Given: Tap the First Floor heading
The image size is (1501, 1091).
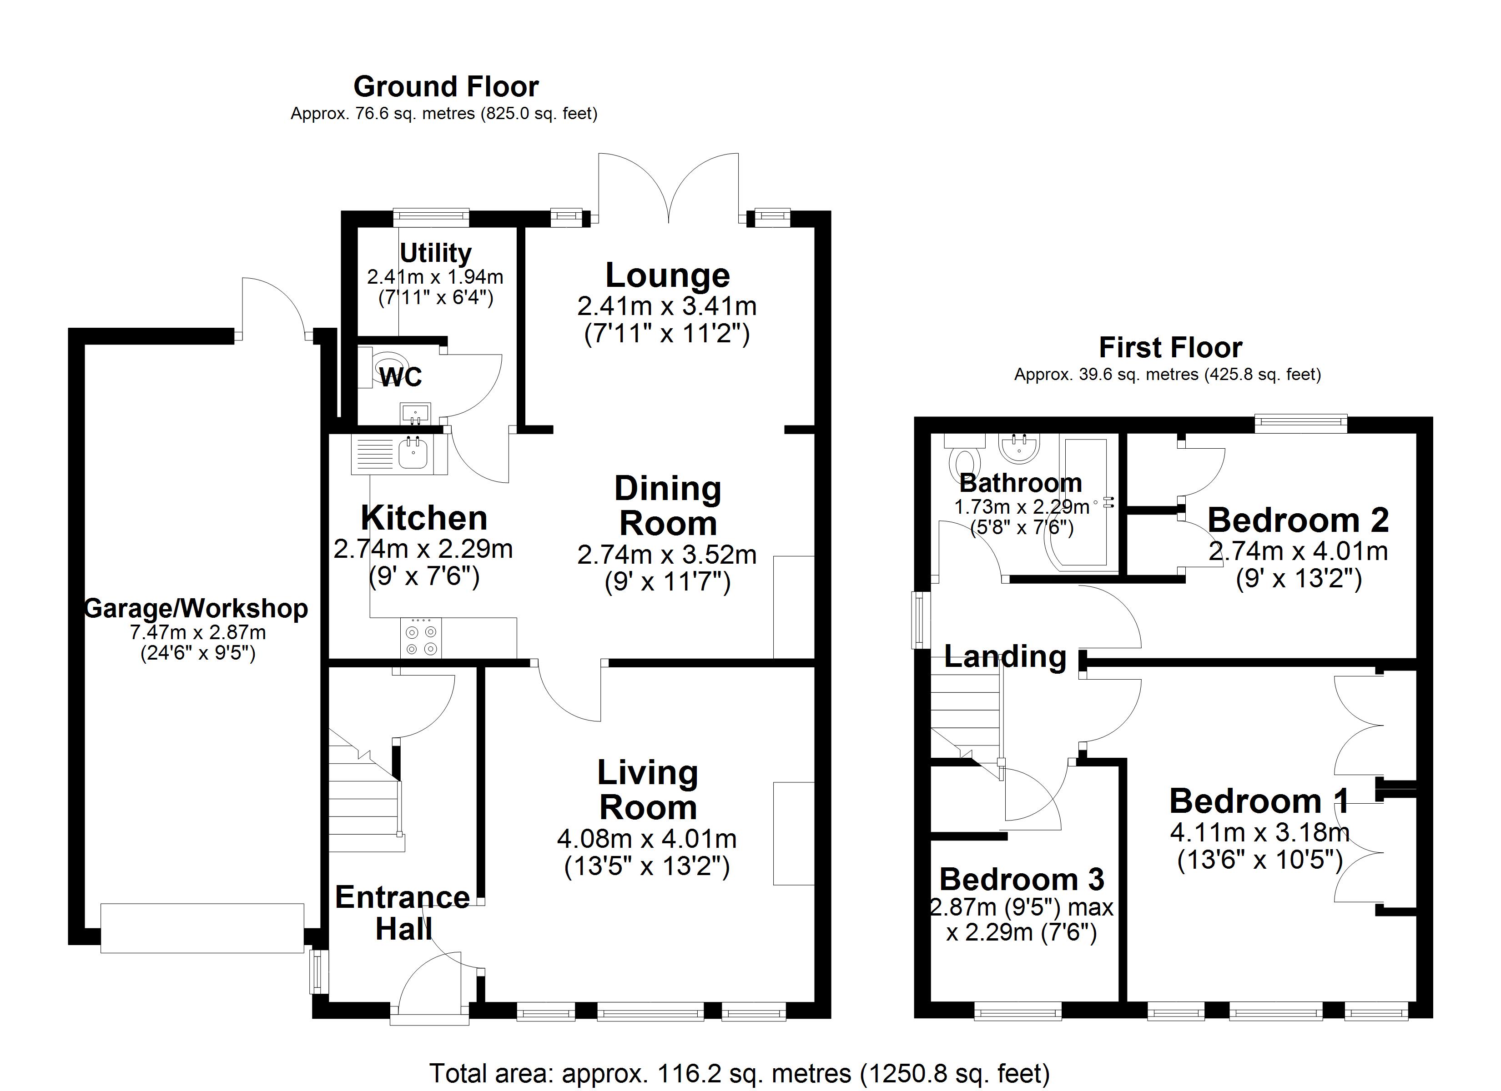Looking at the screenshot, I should coord(1170,347).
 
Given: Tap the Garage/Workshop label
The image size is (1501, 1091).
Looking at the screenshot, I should coord(196,609).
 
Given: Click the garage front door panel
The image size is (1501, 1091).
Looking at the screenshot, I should coord(202,928).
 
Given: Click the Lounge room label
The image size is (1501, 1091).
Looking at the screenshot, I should coord(667,275).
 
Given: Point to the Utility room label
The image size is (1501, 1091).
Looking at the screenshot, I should coord(435,253).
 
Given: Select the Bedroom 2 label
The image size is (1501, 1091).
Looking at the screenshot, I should coord(1297,520).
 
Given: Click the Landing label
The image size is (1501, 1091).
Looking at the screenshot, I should coord(1005,656).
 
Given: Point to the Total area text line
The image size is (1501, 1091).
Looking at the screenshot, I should coord(739,1073).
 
